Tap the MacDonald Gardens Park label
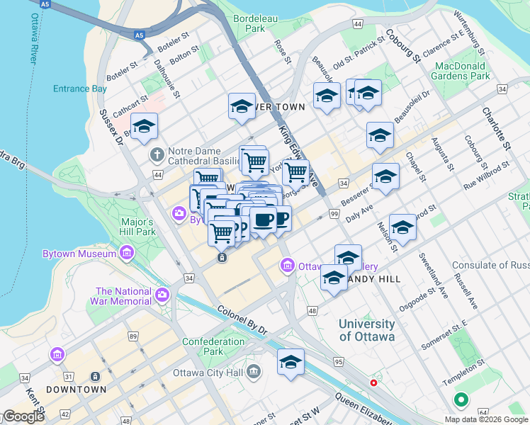coord(461,70)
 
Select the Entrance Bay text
coord(80,89)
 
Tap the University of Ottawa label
coord(366,330)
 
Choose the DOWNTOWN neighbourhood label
coord(76,390)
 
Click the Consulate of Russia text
coord(490,266)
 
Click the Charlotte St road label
coord(496,127)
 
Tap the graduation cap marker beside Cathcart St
coord(145,126)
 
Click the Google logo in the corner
coord(23,416)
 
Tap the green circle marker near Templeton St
coord(461,401)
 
